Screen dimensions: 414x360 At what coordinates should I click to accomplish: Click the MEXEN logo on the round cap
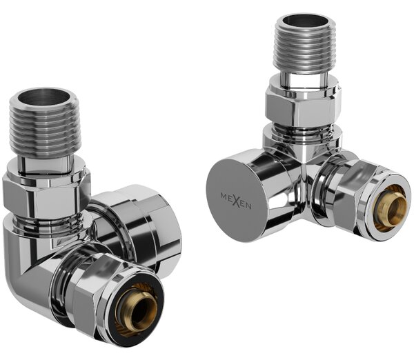[236, 201]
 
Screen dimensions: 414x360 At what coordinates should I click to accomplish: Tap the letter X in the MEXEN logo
[237, 201]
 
